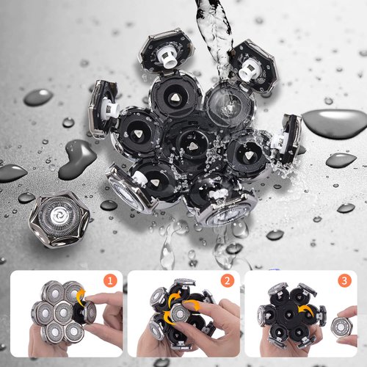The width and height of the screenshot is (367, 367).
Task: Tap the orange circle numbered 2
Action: (x=229, y=280)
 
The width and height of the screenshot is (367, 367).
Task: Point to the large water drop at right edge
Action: (x=335, y=123)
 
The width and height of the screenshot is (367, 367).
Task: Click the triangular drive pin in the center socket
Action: (x=189, y=145)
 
